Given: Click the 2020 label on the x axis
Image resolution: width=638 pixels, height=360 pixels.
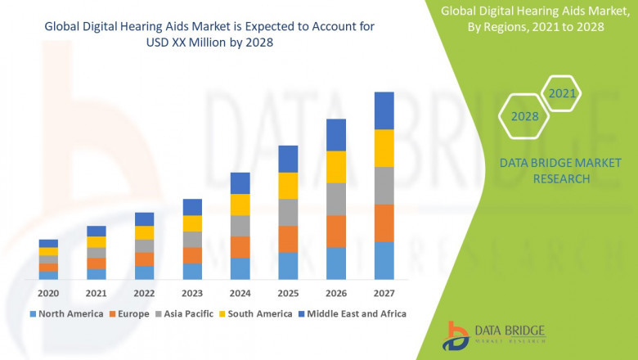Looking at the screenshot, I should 48,293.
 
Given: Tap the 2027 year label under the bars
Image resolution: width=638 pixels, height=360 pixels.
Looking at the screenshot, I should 384,293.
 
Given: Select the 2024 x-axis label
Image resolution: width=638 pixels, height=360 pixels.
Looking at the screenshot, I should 240,293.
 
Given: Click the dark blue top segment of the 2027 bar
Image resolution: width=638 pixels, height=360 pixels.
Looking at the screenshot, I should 384,110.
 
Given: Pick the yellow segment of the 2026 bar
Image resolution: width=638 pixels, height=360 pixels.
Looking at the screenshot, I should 336,167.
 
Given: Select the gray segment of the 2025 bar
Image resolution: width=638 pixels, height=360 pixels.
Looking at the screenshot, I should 288,212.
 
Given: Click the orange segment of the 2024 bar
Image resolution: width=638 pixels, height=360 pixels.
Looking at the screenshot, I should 240,247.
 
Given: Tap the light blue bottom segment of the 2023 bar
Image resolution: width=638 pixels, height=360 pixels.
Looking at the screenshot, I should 192,271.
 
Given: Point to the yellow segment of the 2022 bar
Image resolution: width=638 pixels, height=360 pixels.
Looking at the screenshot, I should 144,232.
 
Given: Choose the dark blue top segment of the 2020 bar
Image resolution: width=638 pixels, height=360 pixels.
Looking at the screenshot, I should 48,243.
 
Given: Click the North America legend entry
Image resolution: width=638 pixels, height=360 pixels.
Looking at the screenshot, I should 67,313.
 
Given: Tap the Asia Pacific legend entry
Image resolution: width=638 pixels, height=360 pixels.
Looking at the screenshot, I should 185,313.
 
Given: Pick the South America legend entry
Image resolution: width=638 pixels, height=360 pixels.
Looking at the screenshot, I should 256,313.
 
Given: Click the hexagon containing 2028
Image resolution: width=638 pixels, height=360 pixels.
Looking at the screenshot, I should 524,116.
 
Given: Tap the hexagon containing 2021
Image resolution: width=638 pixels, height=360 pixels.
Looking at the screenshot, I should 562,93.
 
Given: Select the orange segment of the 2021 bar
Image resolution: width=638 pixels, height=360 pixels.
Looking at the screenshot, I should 97,263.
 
